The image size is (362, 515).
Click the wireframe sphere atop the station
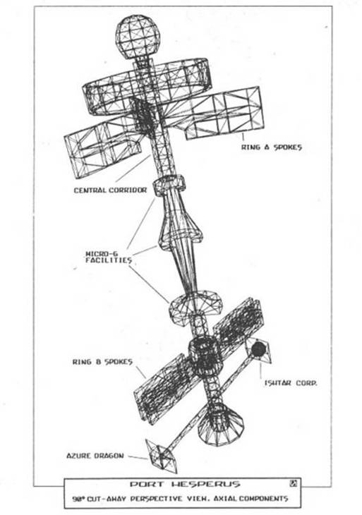coord(138,37)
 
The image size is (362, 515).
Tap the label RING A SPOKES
coord(272,147)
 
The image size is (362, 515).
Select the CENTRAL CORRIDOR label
coord(110,190)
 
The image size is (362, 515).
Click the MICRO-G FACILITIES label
coord(109,257)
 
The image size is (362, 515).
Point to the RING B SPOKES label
coord(102,362)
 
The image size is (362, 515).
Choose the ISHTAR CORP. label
coord(291,383)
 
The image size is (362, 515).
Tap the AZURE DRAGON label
coord(95,456)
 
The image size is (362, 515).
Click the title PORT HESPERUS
coord(185,484)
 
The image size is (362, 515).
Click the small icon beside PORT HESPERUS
coord(294,483)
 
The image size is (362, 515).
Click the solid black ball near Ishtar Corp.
coord(259,349)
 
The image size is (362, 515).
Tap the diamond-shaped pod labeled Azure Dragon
coord(162,456)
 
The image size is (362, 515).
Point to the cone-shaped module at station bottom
coord(220,424)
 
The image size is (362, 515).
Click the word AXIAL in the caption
coord(225,499)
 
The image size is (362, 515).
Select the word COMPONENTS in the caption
coord(263,499)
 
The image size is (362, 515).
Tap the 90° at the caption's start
coord(79,499)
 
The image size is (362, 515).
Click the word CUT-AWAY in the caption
coord(107,499)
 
